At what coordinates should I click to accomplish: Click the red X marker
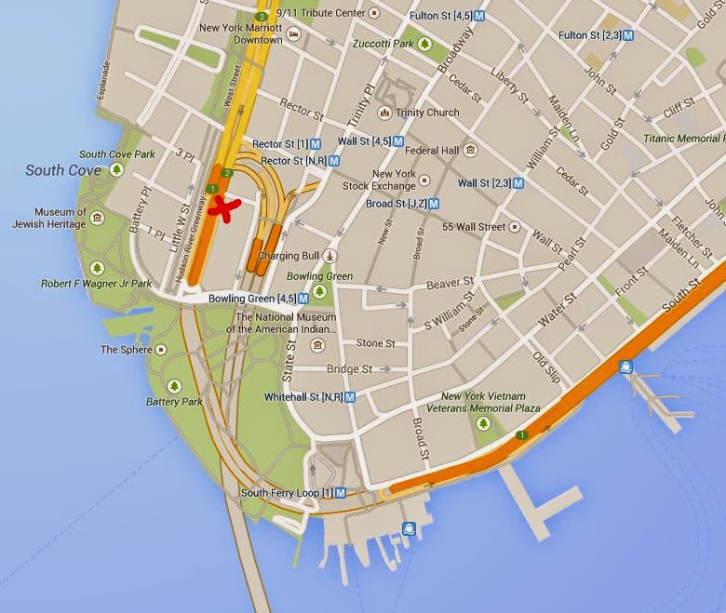coord(222,208)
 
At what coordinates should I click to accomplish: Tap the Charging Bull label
coord(289,256)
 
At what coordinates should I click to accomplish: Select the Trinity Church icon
coord(383,113)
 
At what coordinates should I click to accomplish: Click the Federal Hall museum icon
coord(470,150)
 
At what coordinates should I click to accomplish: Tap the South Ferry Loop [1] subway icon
coord(341,493)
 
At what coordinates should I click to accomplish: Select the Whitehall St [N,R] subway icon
coord(350,396)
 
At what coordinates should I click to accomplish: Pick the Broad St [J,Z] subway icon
coord(434,203)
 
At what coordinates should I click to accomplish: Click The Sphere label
coord(123,350)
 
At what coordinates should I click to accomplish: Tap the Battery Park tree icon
coord(174,386)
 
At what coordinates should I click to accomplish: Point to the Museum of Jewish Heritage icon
coord(98,217)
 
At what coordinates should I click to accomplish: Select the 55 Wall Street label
coord(474,227)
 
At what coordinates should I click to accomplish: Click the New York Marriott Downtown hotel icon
coord(294,34)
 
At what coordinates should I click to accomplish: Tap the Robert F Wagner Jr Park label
coord(96,284)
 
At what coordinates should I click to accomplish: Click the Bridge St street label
coord(349,369)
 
